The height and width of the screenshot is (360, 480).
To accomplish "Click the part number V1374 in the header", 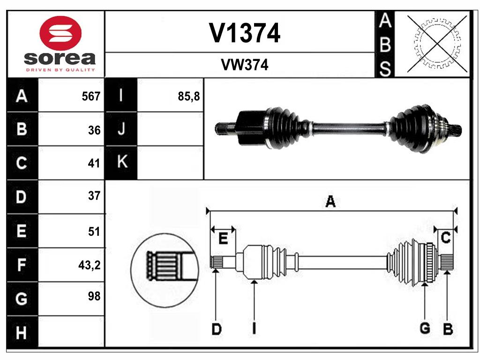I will tap(244, 33).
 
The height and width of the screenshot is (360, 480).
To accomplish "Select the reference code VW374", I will tap(244, 66).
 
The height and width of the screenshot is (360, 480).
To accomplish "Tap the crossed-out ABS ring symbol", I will tap(437, 44).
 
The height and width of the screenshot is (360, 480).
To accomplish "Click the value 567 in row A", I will tap(91, 97).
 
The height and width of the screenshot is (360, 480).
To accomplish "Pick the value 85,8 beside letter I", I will tap(189, 97).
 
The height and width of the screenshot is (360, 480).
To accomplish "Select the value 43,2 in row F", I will tap(89, 265).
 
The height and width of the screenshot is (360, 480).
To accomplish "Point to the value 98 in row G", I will tap(94, 296).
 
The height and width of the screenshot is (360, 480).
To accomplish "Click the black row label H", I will tap(22, 333).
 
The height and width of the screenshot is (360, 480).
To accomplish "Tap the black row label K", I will tap(122, 163).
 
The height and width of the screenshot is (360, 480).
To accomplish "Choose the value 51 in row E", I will tap(94, 231).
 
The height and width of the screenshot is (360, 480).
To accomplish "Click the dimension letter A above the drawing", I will tap(330, 202).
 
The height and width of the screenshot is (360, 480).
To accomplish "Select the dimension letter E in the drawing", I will tap(223, 239).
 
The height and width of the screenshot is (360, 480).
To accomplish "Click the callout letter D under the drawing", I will tap(216, 330).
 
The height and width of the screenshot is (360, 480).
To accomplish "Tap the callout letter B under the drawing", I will tap(448, 330).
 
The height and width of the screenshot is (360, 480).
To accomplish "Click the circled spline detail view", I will tap(164, 270).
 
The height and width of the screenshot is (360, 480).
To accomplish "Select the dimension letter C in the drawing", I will tap(446, 238).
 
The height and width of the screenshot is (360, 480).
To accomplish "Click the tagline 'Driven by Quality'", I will tap(60, 70).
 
